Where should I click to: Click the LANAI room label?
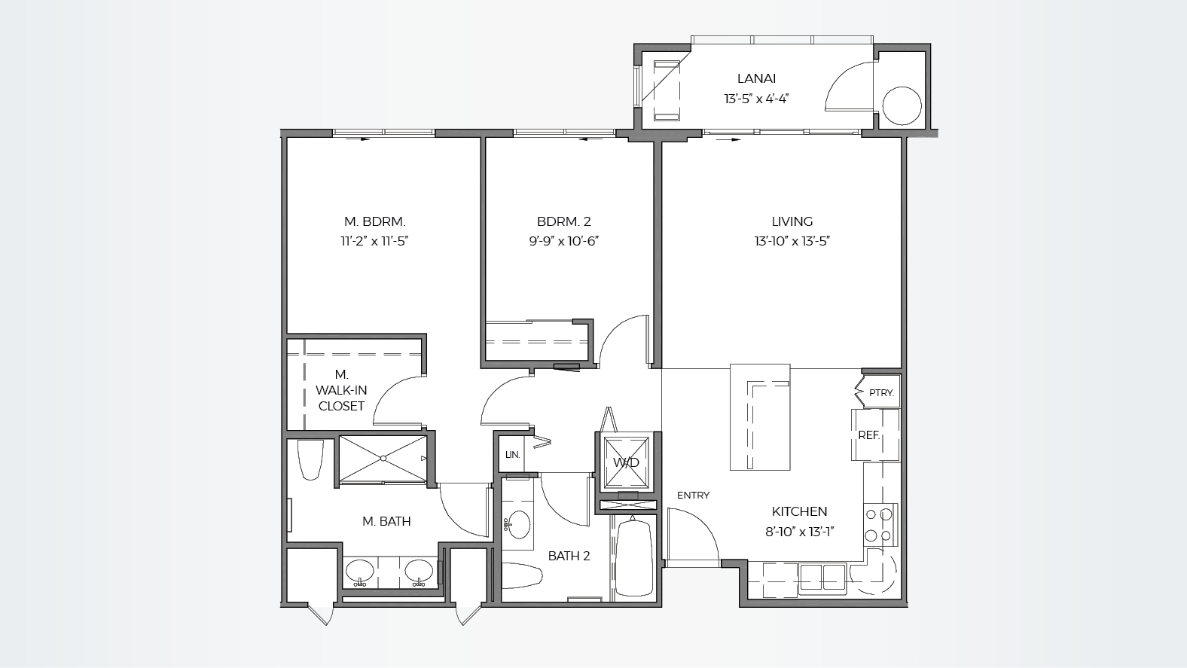[x=756, y=78]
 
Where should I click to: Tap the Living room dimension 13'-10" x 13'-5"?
[x=792, y=241]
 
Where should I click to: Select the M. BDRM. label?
[x=374, y=221]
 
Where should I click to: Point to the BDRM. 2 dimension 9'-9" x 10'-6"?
[x=563, y=241]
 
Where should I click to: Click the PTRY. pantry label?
[x=880, y=393]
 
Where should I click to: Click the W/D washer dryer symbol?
[x=625, y=462]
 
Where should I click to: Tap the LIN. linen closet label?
[x=512, y=455]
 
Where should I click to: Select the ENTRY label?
[x=693, y=496]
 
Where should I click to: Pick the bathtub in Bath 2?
[x=632, y=559]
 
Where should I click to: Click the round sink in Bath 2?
[x=518, y=524]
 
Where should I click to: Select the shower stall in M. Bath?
[x=383, y=458]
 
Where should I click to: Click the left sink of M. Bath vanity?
[x=359, y=571]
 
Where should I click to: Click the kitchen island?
[x=760, y=416]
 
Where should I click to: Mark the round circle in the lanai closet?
[x=902, y=105]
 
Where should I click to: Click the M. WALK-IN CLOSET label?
[x=341, y=390]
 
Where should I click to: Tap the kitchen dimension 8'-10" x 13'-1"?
[x=799, y=531]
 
